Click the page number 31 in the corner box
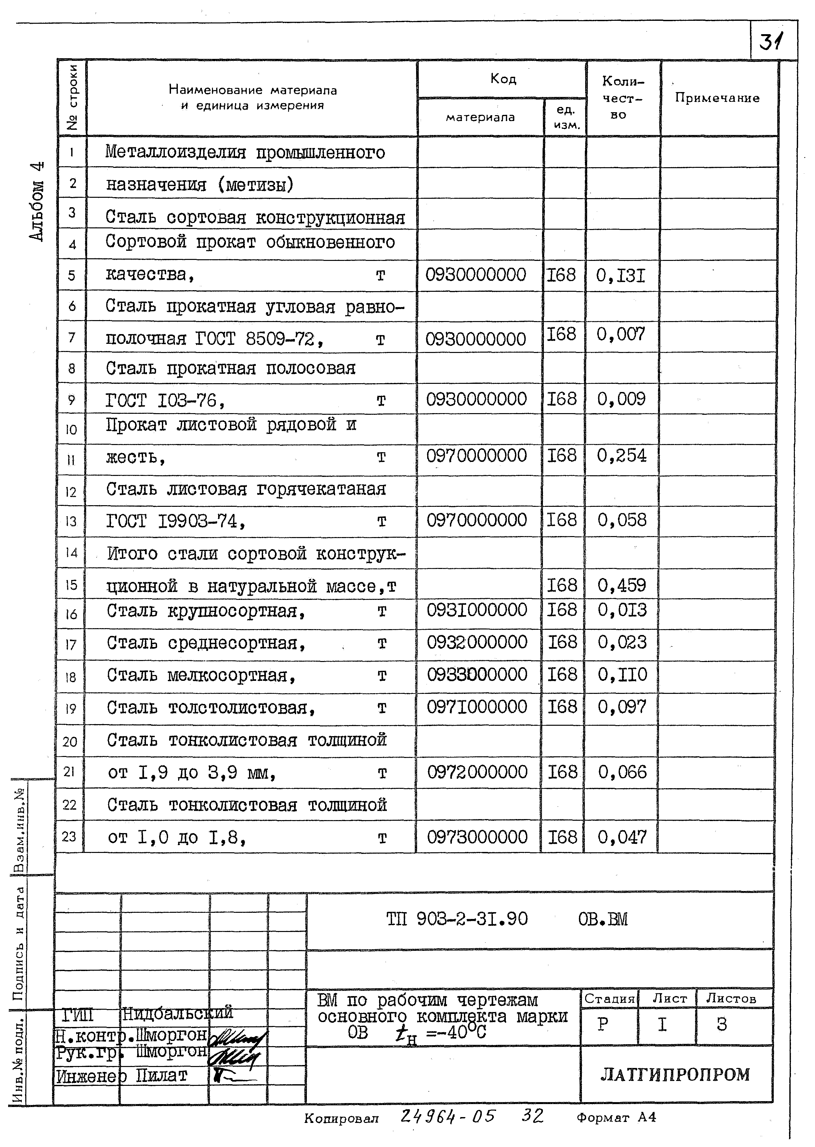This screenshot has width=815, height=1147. click(x=771, y=42)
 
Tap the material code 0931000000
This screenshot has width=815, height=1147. click(x=477, y=610)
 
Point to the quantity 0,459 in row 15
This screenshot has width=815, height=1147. click(x=622, y=585)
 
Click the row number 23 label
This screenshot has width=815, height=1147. click(x=69, y=837)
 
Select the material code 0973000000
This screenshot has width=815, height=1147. click(x=477, y=837)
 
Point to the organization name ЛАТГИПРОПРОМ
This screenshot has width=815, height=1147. click(x=675, y=1075)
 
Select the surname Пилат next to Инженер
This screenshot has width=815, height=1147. click(x=162, y=1076)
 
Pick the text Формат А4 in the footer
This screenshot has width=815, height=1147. click(x=616, y=1118)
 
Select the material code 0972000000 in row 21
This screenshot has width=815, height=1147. click(x=477, y=772)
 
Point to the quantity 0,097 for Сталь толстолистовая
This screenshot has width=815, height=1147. click(x=622, y=707)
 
